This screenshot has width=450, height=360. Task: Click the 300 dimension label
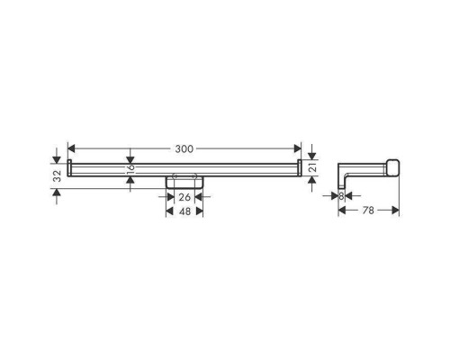click(184, 148)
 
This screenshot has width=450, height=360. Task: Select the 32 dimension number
click(58, 176)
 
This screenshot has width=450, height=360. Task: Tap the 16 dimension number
click(130, 170)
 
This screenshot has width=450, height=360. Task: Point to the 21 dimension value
click(313, 168)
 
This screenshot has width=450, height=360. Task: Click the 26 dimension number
click(184, 197)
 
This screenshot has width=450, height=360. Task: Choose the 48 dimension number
click(184, 211)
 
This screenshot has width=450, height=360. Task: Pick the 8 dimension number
click(341, 196)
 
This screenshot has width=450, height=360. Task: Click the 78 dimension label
click(368, 211)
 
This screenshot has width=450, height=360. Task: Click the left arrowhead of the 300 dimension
click(71, 148)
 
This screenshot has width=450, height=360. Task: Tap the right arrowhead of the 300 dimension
click(297, 148)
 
